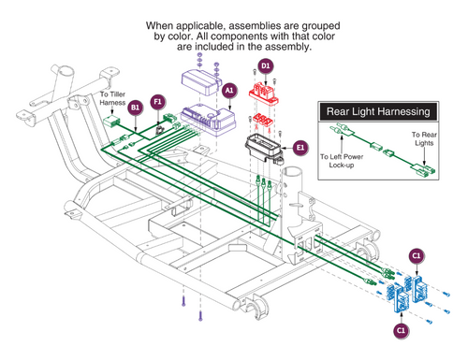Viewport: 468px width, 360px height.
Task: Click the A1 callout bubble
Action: tap(229, 91)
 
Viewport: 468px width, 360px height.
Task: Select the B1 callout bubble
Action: tap(135, 108)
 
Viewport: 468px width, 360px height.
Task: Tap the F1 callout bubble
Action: tap(157, 102)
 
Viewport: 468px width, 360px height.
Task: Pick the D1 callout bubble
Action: tap(265, 66)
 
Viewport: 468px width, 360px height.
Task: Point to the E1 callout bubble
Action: tap(300, 148)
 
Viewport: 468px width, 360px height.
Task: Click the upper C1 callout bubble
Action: tap(417, 256)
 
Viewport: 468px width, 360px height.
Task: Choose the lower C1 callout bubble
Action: tap(401, 330)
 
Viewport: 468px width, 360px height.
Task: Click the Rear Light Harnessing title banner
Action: tap(378, 111)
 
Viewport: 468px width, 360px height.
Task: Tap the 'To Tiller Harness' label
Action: tap(112, 98)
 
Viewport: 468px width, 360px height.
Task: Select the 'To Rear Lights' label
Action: tap(424, 138)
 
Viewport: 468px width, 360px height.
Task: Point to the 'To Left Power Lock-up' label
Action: tap(342, 161)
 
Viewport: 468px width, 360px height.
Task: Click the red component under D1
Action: tap(264, 94)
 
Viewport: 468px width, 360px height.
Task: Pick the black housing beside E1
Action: tap(264, 148)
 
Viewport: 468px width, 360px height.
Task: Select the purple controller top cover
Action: tap(201, 82)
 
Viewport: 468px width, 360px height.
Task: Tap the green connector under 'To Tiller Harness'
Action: tap(110, 122)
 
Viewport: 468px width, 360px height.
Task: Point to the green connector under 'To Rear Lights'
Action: tap(425, 169)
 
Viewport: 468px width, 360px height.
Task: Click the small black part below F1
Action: tap(160, 130)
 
